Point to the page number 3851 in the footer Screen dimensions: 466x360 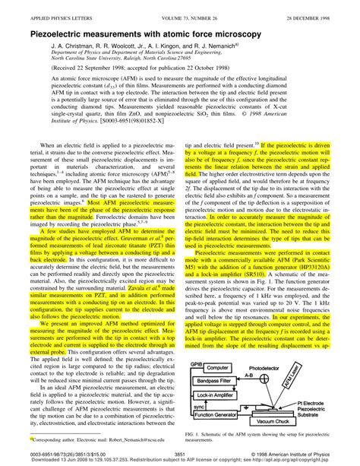(x=180, y=453)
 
